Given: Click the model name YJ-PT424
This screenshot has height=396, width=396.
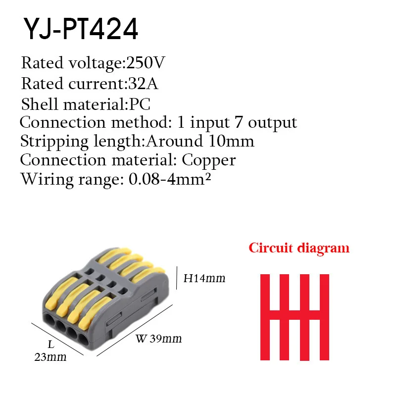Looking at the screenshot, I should coord(80,29).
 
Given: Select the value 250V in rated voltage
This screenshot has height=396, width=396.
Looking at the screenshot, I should coord(146,63).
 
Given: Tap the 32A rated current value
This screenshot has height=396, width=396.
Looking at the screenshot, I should coord(143,84).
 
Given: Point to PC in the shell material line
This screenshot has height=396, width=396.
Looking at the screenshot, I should coord(140,104).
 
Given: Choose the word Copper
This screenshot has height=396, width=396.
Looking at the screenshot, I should coord(208,160).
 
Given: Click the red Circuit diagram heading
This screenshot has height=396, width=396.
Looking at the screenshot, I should coord(299,247).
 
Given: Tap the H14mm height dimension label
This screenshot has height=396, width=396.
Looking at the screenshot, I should coord(204,278).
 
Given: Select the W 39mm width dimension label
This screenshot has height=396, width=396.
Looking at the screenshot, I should coord(158,339).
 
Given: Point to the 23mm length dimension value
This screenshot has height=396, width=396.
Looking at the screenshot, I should coord(50,356).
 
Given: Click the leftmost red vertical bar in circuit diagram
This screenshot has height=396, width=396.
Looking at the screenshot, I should coord(265,317).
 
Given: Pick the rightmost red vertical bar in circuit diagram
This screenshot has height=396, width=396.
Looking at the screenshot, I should coord(324,317).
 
